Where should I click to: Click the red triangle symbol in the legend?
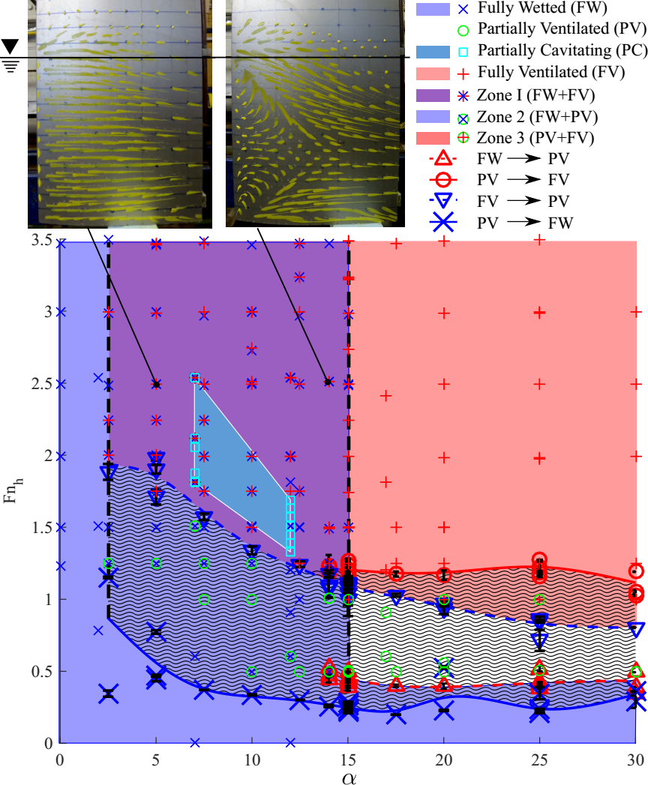point(442,159)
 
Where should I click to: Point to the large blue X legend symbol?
point(443,223)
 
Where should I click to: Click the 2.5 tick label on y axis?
point(43,384)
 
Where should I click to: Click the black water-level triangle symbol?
point(10,46)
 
